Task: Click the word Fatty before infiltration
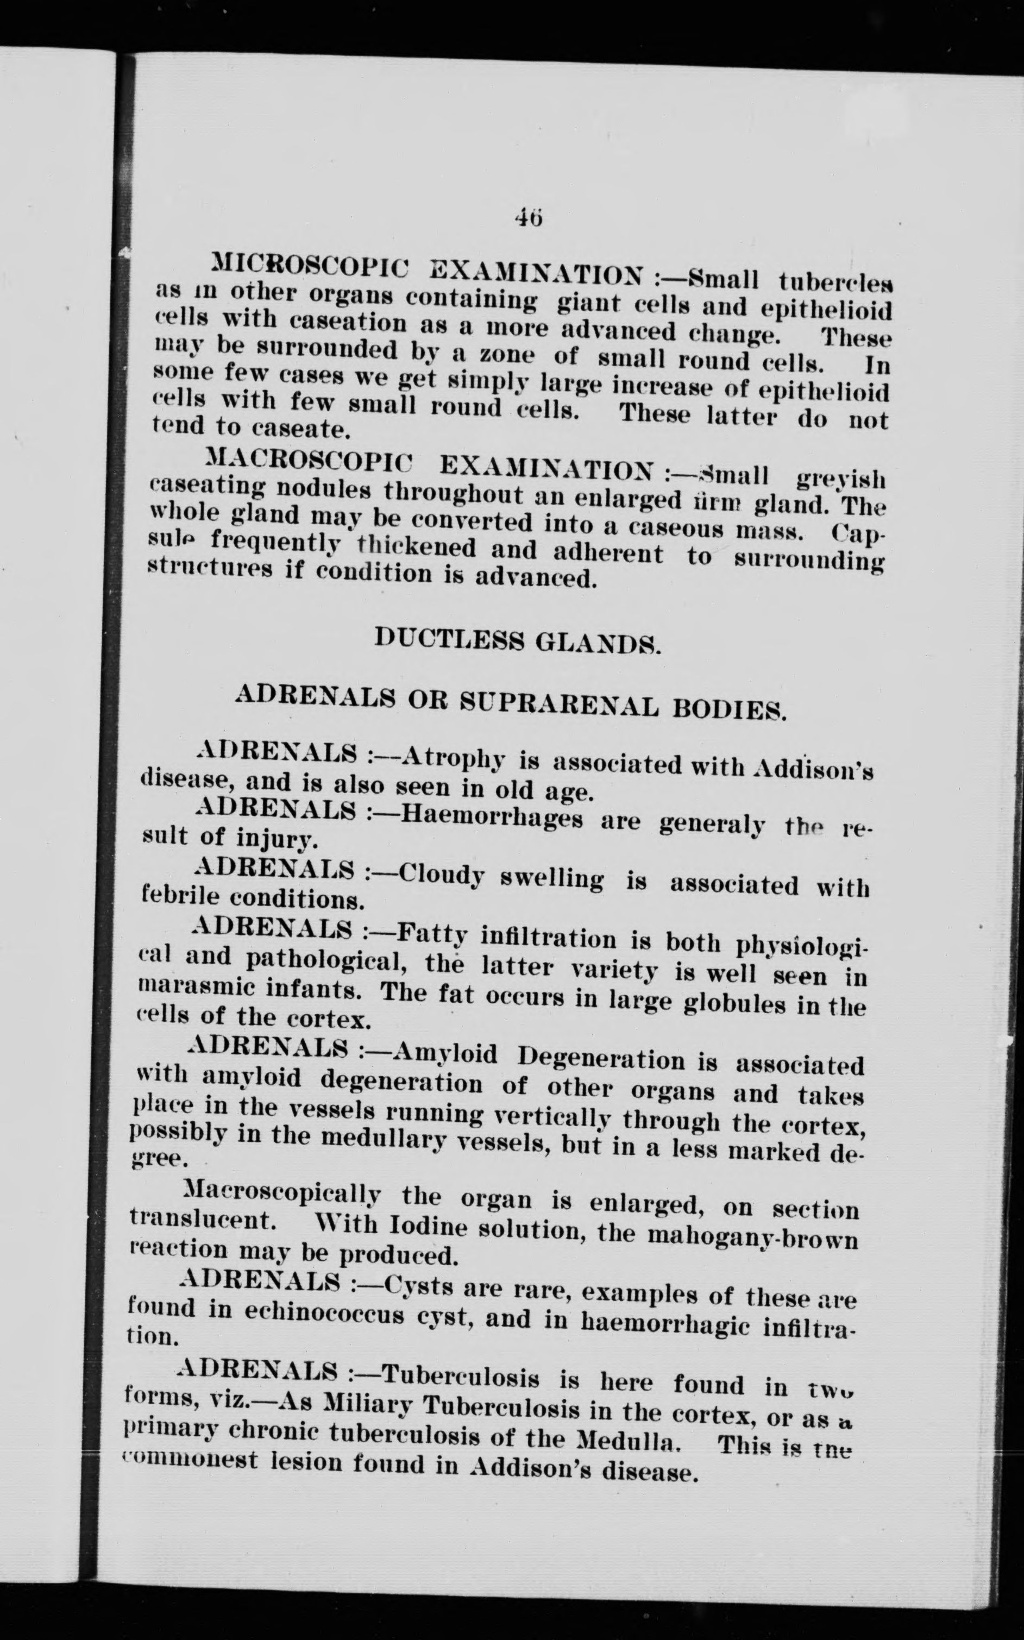click(433, 934)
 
